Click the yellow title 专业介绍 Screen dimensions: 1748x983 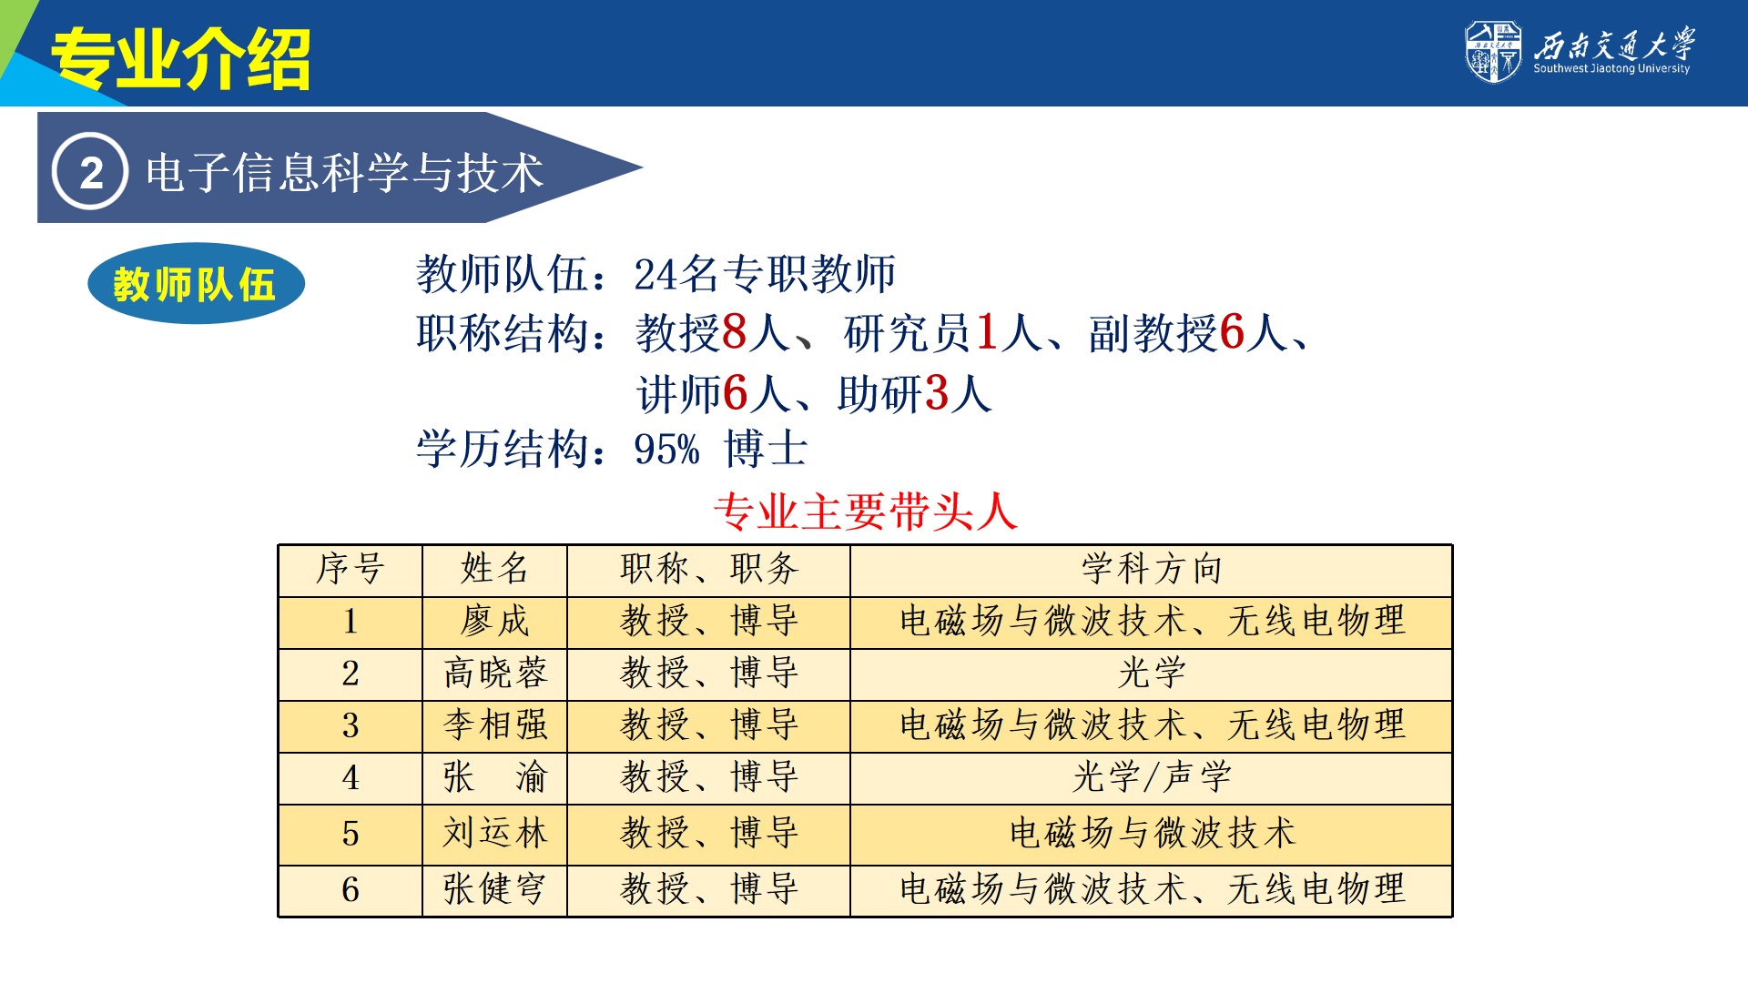pos(180,58)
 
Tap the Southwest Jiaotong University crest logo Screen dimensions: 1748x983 pos(1493,51)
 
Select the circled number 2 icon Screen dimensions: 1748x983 pos(90,171)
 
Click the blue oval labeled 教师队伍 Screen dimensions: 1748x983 pos(196,284)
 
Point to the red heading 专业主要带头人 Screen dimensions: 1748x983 pos(865,512)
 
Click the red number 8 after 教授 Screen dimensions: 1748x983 pos(735,331)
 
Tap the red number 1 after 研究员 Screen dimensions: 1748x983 pos(987,331)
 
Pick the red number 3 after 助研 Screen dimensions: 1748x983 pos(937,393)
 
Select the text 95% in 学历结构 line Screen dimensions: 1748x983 pos(666,450)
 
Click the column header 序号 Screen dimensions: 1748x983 pos(351,570)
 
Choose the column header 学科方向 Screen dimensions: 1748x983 pos(1152,570)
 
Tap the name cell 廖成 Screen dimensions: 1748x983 pos(495,622)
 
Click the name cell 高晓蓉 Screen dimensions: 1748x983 pos(495,674)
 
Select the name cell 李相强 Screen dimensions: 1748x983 pos(495,725)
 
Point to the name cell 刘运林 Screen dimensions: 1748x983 pos(495,834)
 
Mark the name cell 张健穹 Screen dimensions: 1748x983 pos(495,889)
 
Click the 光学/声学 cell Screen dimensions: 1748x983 pos(1152,777)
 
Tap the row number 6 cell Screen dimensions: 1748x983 pos(351,890)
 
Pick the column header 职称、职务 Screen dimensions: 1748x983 pos(709,570)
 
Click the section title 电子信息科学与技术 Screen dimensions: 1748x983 pos(344,173)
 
